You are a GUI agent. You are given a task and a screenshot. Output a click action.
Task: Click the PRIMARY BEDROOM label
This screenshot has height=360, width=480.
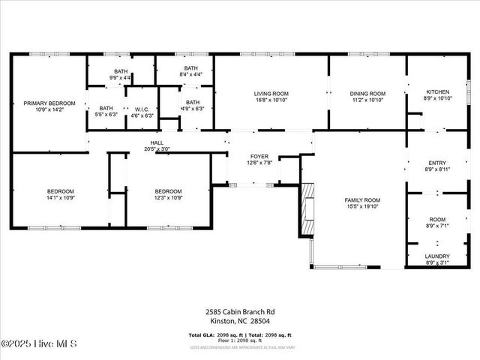tap(49, 103)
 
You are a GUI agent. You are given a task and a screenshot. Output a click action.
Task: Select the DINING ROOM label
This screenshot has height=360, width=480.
tap(367, 94)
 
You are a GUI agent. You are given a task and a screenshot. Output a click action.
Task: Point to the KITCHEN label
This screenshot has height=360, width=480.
tap(436, 91)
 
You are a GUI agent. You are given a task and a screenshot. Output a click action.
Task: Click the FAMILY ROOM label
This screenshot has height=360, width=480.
tap(362, 200)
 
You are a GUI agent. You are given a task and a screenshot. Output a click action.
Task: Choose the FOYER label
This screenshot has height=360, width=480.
tap(259, 157)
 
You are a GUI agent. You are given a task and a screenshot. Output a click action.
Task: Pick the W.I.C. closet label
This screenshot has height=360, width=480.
tap(142, 109)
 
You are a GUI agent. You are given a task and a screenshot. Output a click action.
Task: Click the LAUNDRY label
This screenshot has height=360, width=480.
tap(437, 256)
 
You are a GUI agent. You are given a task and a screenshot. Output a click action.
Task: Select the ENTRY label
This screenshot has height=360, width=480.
tap(437, 163)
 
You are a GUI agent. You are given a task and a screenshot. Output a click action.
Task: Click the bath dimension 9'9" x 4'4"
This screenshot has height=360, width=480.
tap(120, 76)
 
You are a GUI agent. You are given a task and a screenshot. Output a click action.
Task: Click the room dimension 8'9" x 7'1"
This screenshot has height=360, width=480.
tap(437, 225)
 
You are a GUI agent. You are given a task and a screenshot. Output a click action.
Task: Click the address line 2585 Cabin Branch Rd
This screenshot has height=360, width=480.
tap(240, 311)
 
